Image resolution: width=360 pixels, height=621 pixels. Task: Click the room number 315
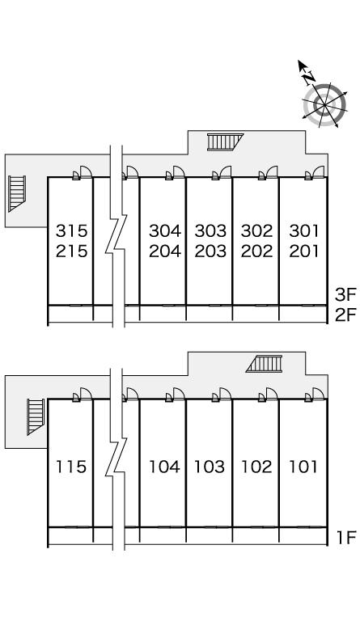point(71,230)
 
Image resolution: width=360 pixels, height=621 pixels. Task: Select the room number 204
point(165,251)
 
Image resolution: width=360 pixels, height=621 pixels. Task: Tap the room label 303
point(210,230)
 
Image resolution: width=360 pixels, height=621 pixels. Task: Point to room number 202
point(257,251)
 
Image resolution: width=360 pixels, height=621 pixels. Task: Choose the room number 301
point(303,230)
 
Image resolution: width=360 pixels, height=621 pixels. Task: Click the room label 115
point(71,467)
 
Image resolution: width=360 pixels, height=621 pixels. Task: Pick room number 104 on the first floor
point(164,467)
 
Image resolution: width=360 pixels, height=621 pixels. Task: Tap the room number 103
point(210,467)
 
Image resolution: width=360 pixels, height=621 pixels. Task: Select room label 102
point(256,467)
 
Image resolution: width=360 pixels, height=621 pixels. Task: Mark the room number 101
point(303,467)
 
